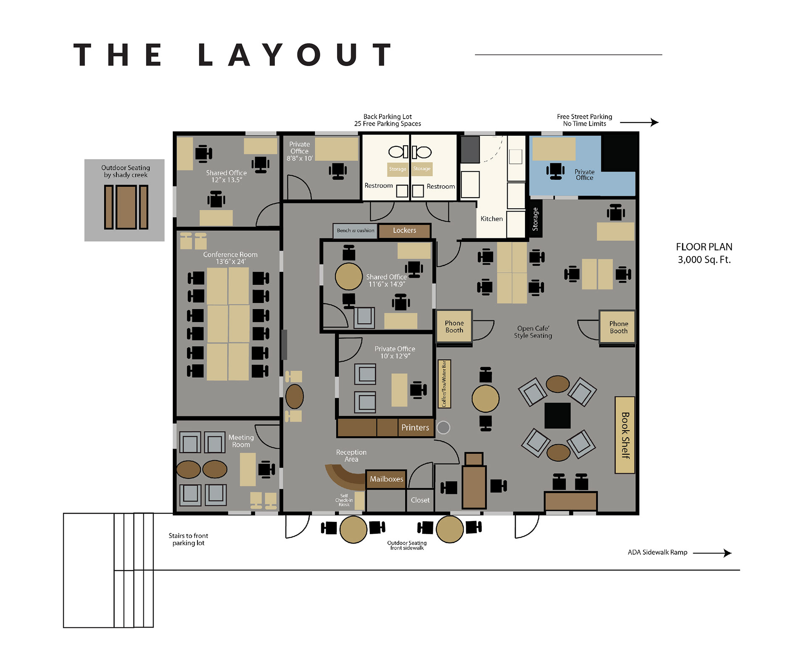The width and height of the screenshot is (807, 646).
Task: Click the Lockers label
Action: tap(404, 230)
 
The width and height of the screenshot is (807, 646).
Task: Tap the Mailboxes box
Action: tap(386, 479)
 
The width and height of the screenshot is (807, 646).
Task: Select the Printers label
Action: tap(415, 427)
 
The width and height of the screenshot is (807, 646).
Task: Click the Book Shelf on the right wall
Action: tap(625, 435)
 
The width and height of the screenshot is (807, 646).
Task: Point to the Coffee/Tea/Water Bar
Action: tap(444, 384)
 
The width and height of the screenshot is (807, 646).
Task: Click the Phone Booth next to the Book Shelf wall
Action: tap(617, 327)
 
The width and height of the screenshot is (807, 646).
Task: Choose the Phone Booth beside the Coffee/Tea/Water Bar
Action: tap(454, 327)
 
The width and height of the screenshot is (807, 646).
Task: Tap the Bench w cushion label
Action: tap(355, 230)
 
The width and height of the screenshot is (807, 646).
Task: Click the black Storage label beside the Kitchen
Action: tap(535, 219)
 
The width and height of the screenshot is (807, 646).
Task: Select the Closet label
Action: tap(420, 500)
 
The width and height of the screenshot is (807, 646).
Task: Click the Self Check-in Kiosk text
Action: tap(344, 500)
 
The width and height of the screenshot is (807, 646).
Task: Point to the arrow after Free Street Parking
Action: tap(639, 122)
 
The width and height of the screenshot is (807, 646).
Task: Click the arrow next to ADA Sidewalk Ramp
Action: tap(712, 553)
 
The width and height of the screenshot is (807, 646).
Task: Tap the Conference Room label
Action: tap(230, 258)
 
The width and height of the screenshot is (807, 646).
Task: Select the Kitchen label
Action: tap(491, 219)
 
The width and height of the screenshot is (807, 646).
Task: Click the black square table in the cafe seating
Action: tap(557, 416)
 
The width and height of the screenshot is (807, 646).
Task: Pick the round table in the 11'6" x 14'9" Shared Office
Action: tap(348, 276)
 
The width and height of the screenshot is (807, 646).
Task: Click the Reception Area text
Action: tap(351, 455)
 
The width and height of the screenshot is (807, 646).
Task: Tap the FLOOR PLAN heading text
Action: tap(704, 247)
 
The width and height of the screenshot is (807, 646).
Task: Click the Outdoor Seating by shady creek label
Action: tap(126, 171)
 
